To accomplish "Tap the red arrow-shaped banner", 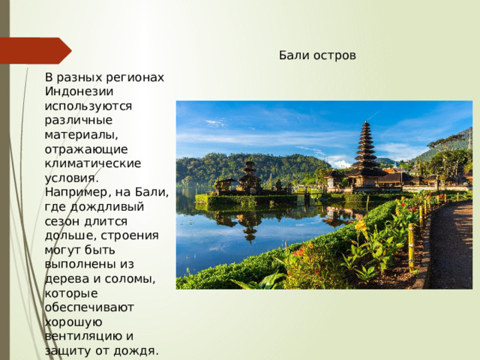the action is pyautogui.click(x=36, y=50).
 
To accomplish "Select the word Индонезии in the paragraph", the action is pyautogui.click(x=79, y=91).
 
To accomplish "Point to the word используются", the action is pyautogui.click(x=88, y=106).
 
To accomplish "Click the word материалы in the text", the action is pyautogui.click(x=81, y=135).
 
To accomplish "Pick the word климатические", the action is pyautogui.click(x=93, y=163).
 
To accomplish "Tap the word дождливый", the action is pyautogui.click(x=106, y=207).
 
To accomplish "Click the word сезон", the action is pyautogui.click(x=62, y=222).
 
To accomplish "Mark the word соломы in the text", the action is pyautogui.click(x=130, y=279).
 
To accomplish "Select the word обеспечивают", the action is pyautogui.click(x=89, y=307).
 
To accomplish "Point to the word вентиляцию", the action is pyautogui.click(x=85, y=337).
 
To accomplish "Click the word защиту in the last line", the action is pyautogui.click(x=68, y=351).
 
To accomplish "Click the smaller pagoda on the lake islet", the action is pyautogui.click(x=250, y=177).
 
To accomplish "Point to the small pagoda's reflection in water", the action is pyautogui.click(x=250, y=227).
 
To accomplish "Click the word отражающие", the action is pyautogui.click(x=86, y=150).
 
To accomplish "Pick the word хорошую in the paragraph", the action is pyautogui.click(x=73, y=322).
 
